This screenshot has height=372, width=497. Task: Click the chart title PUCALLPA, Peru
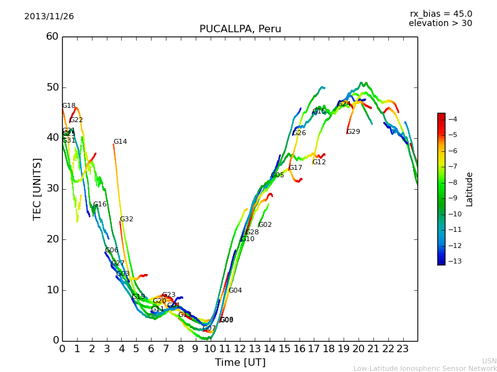point(240,29)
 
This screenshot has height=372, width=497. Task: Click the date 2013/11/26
point(49,17)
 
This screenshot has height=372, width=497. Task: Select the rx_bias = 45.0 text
point(440,14)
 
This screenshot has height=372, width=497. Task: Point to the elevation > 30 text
point(440,24)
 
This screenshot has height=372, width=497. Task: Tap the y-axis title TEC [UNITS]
point(37,188)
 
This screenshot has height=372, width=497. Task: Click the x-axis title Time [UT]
point(240,363)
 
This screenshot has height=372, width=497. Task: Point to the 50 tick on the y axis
point(52,87)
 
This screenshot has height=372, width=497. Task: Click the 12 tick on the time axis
point(240,349)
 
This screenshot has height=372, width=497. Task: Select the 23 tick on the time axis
point(403,349)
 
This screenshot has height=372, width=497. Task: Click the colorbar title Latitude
point(470,189)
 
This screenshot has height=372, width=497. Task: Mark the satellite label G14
point(120,142)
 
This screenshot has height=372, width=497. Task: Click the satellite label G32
point(127,219)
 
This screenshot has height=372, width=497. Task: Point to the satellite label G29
point(353,132)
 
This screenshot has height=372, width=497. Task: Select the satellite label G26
point(299,133)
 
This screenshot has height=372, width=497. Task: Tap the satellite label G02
point(265,225)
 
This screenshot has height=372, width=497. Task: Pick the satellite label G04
point(235,291)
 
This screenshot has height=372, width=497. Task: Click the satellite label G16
point(100,205)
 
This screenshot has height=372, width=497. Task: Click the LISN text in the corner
point(489,361)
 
